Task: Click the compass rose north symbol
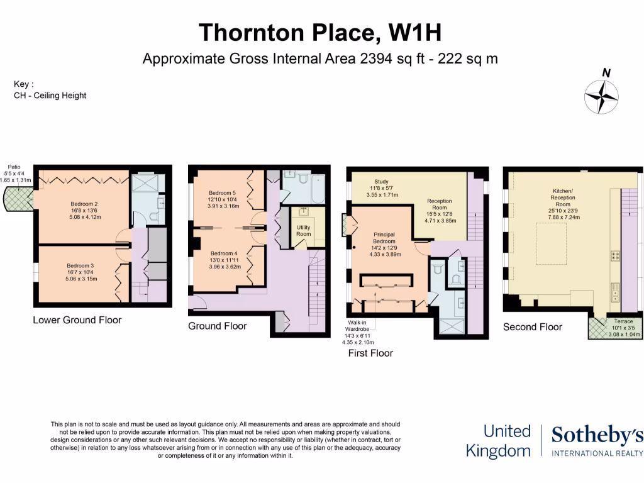(x=602, y=96)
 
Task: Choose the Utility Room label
(x=303, y=230)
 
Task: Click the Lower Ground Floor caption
(x=77, y=320)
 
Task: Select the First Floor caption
(x=370, y=353)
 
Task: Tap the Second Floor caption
(x=533, y=327)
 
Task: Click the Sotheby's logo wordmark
(x=597, y=435)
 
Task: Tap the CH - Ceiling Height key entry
(x=50, y=96)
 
